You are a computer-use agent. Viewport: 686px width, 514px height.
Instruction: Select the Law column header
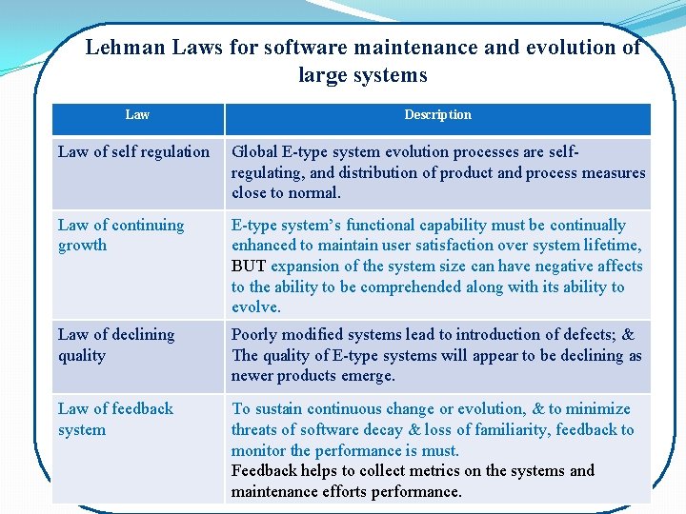pos(137,114)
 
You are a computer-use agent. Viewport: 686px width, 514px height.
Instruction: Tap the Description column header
pos(437,114)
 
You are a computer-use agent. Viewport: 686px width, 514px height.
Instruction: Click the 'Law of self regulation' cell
pos(133,151)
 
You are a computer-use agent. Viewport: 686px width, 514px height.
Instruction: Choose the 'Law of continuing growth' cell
pos(121,235)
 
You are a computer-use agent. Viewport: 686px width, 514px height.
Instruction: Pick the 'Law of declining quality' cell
pos(116,345)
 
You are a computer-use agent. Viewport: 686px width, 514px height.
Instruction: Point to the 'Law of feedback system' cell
pos(115,419)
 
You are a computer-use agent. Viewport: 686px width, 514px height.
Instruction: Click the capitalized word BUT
pos(249,266)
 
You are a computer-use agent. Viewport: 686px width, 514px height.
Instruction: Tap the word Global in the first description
pos(254,151)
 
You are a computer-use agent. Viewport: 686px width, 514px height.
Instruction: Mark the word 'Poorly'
pos(256,334)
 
